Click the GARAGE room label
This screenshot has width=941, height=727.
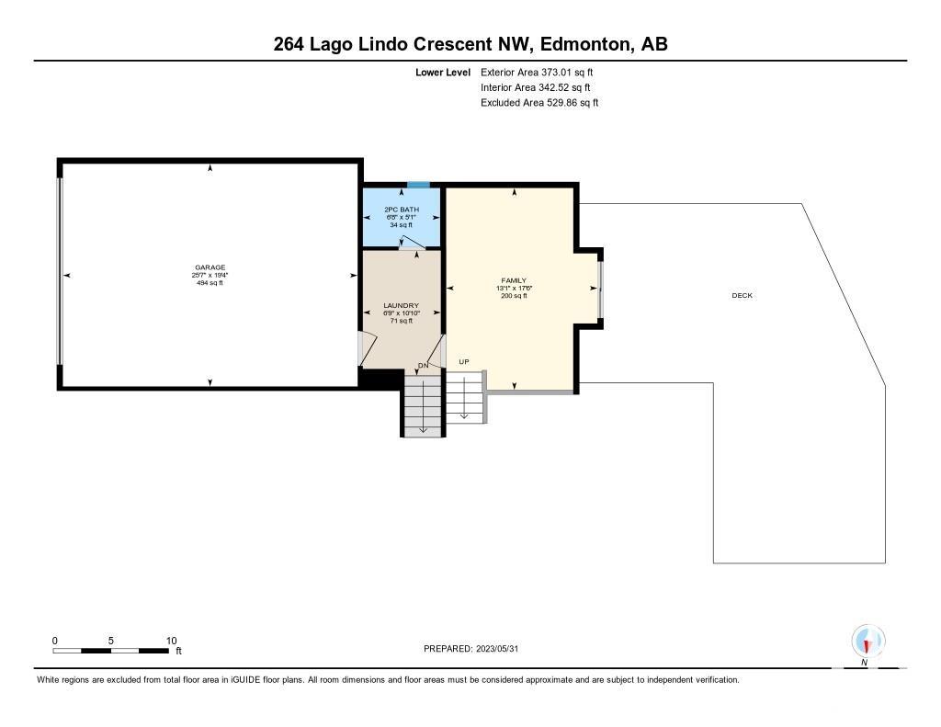[210, 267]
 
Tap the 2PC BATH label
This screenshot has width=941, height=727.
[402, 210]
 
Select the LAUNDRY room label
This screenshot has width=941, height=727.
[402, 305]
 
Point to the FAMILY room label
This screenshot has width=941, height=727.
[514, 280]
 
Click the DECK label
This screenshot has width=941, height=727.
[742, 295]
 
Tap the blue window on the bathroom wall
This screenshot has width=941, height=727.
[418, 185]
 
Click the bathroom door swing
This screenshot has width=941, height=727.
[413, 243]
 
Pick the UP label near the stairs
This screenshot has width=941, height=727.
[464, 361]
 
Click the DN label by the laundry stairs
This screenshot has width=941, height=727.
[423, 365]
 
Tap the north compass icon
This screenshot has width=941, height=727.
[867, 642]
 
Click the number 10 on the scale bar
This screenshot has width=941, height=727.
[172, 641]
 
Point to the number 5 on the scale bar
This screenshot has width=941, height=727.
[111, 641]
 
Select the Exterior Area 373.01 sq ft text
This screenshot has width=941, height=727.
[537, 72]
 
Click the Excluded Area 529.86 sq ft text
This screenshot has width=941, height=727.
[539, 103]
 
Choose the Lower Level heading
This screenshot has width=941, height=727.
[443, 73]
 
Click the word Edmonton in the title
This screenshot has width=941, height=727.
[586, 44]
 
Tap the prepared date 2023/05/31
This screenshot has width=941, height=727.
[497, 649]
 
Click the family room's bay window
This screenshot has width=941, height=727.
[599, 289]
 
